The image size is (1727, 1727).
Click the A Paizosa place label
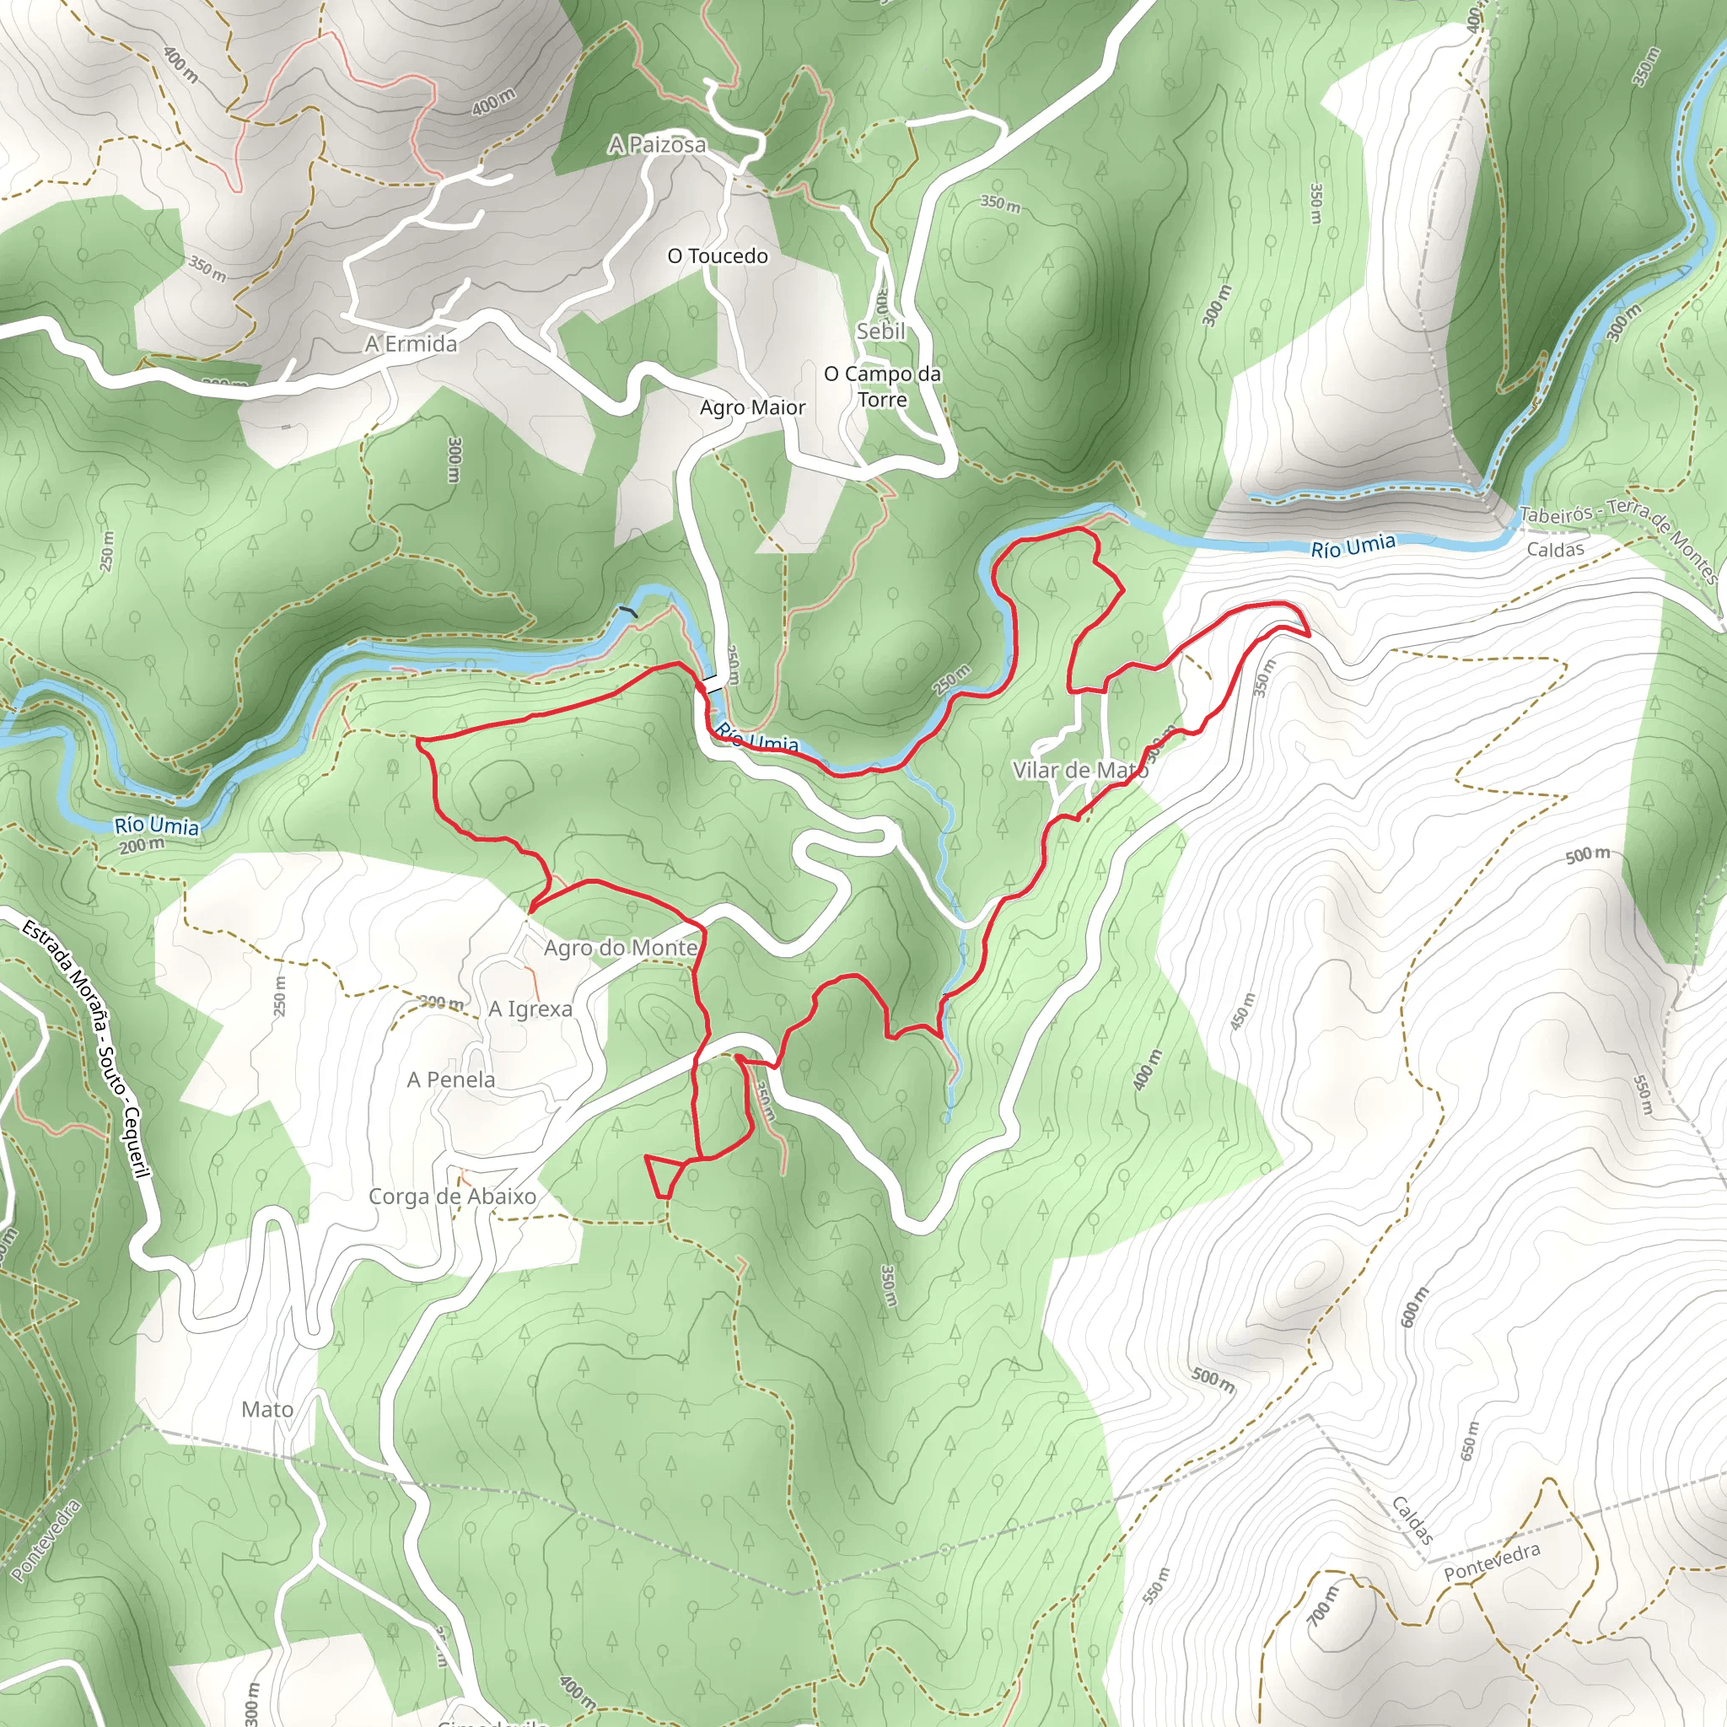point(657,144)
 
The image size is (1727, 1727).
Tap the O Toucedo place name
point(718,256)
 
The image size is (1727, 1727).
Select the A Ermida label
point(412,343)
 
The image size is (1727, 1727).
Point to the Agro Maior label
point(753,407)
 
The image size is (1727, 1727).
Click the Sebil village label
point(880,331)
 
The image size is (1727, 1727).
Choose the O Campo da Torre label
point(882,386)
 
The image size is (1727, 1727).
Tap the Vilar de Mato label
point(1080,770)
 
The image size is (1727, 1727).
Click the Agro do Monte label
point(621,948)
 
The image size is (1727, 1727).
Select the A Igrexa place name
point(530,1009)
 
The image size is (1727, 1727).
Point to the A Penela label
point(450,1080)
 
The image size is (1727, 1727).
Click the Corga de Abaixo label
point(452,1196)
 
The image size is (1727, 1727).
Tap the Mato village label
point(267,1410)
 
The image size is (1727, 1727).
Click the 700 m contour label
point(1324,1606)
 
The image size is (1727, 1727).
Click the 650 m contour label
point(1470,1441)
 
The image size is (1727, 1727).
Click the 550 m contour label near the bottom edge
point(1156,1584)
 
